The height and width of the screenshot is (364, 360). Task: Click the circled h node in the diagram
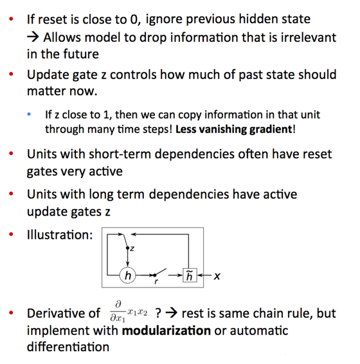127,275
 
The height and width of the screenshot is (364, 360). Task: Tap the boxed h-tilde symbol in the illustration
190,275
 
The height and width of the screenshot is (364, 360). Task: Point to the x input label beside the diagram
217,276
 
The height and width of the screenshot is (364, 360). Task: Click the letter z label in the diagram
132,248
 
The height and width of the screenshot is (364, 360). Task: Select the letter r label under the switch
156,282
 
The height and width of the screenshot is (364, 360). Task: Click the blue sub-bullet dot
29,114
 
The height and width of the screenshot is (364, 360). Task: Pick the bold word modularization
166,331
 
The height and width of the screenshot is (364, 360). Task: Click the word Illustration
60,235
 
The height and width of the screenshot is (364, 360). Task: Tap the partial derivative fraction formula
129,311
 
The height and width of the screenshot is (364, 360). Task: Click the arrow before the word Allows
33,37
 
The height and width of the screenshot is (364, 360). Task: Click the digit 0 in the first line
134,19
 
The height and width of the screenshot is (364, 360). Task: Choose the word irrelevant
309,37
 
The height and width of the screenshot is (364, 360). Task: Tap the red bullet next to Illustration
11,234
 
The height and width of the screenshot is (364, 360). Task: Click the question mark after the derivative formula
158,313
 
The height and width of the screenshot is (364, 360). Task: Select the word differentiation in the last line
68,347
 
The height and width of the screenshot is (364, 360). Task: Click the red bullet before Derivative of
11,313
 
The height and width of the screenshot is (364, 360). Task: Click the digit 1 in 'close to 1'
106,114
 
